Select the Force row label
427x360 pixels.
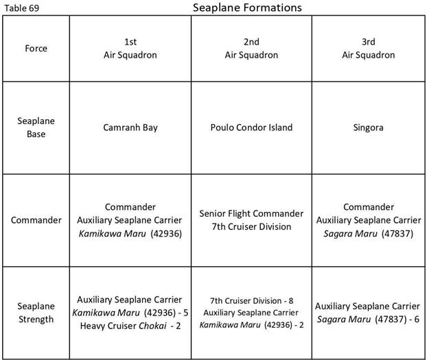point(36,48)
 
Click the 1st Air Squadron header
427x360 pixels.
point(129,48)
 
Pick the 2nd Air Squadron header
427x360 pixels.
point(251,48)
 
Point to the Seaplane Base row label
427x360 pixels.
point(36,128)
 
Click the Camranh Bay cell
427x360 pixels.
point(129,128)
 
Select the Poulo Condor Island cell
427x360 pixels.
point(251,128)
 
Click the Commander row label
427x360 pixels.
point(36,220)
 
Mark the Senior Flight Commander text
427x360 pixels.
point(251,214)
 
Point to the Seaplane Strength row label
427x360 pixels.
point(36,312)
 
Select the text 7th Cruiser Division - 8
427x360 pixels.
point(251,300)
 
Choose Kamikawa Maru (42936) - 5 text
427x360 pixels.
point(129,313)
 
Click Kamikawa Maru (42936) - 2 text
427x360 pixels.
point(251,324)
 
